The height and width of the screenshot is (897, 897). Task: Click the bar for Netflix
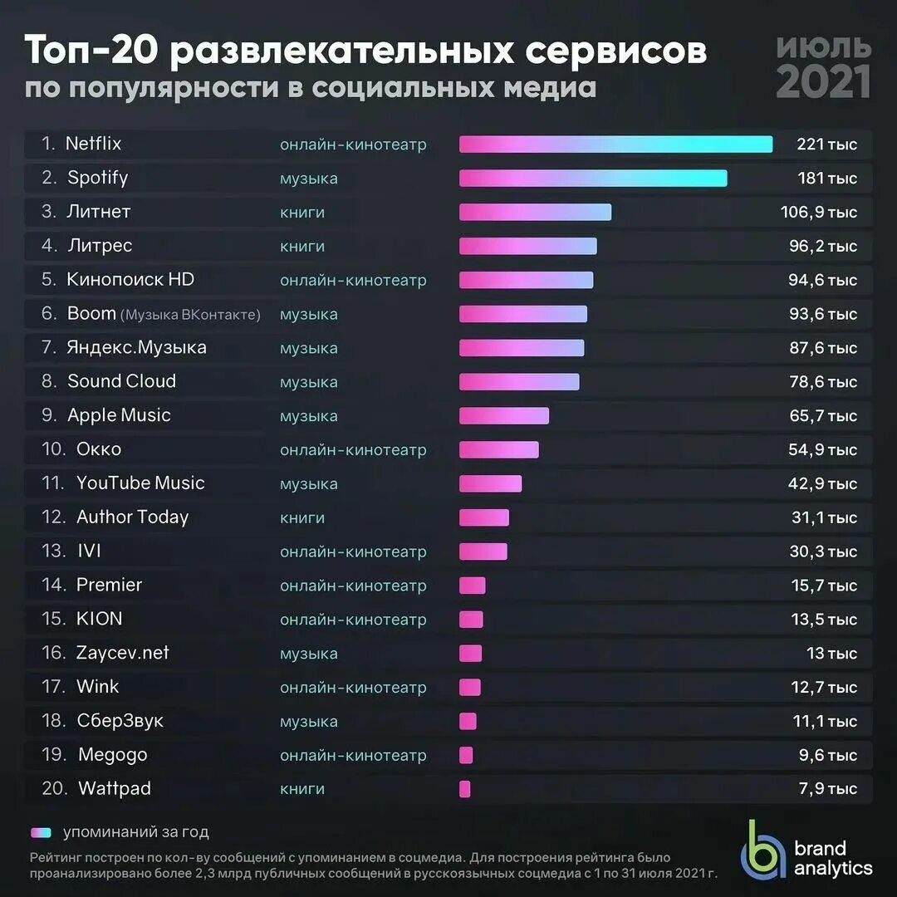tap(615, 145)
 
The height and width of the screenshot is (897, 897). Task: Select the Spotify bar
tap(593, 179)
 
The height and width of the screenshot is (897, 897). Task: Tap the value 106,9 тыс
tap(819, 213)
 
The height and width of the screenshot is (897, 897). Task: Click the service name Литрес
tap(100, 246)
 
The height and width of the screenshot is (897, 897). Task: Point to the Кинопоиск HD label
tap(130, 280)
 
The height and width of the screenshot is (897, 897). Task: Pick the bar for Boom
tap(523, 314)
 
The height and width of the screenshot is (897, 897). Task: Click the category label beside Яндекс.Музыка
tap(309, 348)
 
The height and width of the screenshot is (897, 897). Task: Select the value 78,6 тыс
tap(823, 382)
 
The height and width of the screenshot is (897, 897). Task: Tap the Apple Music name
tap(119, 415)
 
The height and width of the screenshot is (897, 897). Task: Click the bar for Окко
tap(498, 449)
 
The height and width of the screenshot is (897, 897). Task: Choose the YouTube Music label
tap(140, 483)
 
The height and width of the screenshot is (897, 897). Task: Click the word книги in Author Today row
tap(302, 517)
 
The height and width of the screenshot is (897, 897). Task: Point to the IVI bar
tap(483, 551)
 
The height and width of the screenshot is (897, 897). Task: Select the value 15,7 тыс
tap(823, 586)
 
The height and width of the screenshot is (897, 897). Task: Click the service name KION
tap(99, 619)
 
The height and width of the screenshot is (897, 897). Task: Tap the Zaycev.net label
tap(122, 653)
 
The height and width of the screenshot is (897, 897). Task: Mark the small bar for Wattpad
tap(464, 789)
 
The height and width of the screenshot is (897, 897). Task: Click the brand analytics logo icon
tap(762, 849)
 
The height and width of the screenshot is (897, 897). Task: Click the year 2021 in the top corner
tap(823, 81)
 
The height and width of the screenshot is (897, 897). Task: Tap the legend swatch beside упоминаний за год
tap(41, 832)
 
